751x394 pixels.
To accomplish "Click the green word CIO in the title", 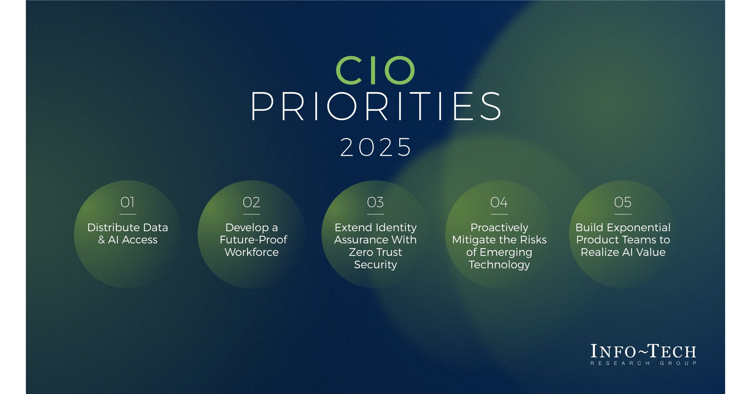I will [x=375, y=70].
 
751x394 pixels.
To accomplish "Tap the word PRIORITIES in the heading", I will [x=376, y=106].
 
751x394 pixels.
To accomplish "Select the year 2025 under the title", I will [x=376, y=147].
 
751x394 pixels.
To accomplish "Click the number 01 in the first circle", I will [x=127, y=202].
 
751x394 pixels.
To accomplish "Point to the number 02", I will [x=251, y=202].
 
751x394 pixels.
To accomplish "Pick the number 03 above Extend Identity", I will [x=375, y=202].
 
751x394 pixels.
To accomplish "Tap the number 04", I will [x=499, y=202].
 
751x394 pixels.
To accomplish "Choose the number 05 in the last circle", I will [x=623, y=202].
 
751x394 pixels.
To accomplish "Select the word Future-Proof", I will [x=253, y=240].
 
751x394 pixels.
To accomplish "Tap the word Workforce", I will [x=251, y=252].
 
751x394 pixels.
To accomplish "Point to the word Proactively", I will [x=499, y=227].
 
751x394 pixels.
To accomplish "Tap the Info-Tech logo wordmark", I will [x=643, y=351].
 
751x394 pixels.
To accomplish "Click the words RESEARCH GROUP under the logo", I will [x=643, y=363].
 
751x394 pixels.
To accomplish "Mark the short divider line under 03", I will [x=375, y=214].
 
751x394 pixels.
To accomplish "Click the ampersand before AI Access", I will [x=102, y=240].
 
